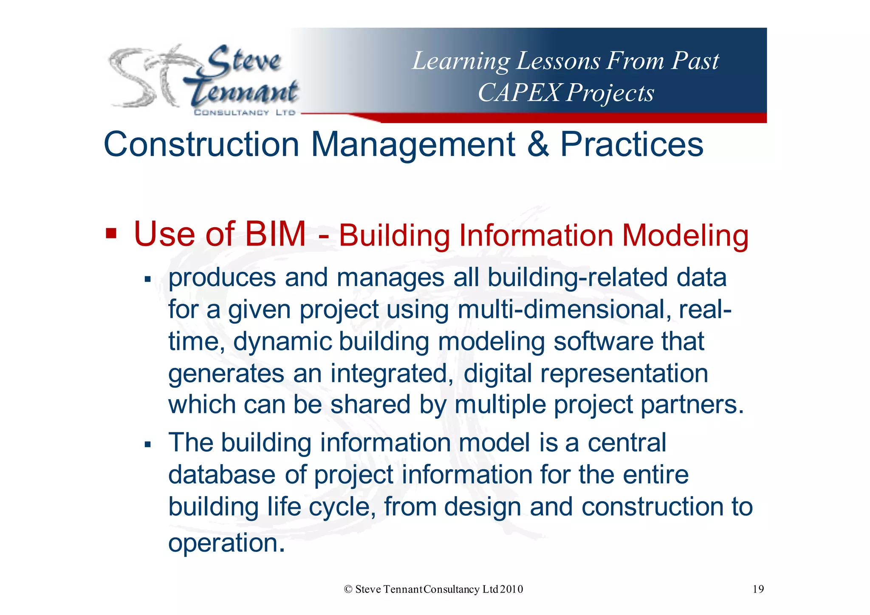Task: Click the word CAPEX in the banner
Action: pos(519,93)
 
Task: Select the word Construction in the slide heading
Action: pos(202,144)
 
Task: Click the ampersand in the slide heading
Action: pos(538,144)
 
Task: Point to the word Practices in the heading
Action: pos(632,144)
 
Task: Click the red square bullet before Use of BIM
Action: pos(111,233)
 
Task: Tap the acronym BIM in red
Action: pos(275,234)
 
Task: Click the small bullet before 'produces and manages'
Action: pos(148,279)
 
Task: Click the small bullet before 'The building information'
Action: pos(148,445)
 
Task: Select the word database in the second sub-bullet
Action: pos(222,474)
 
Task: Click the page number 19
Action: pos(758,589)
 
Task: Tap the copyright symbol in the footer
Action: pos(348,589)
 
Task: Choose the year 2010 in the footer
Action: pos(511,589)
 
